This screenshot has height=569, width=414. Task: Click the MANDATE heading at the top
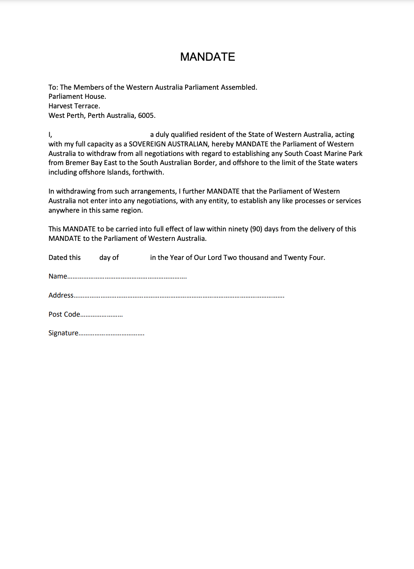pos(207,57)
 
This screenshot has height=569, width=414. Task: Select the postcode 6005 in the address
pos(146,115)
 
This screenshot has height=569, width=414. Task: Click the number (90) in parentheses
pos(256,229)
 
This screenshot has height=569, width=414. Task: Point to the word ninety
pos(238,229)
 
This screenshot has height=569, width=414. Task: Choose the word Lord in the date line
pos(215,258)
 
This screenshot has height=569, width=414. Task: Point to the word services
pos(348,201)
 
